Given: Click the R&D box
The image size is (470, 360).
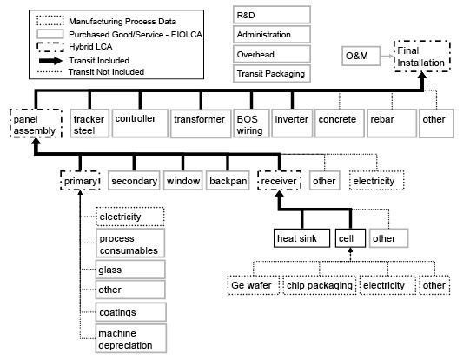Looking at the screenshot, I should pos(270,15).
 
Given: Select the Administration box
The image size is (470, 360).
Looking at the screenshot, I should pos(270,35).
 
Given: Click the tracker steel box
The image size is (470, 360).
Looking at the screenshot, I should pos(89,124).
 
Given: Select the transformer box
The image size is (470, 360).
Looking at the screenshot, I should pos(198,119).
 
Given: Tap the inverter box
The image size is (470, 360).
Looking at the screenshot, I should pos(290,119).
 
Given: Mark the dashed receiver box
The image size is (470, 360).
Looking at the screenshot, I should pos(279,182).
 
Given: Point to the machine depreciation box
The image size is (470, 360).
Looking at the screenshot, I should pos(129,339).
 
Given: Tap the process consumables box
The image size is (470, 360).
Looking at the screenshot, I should pos(129,243).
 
